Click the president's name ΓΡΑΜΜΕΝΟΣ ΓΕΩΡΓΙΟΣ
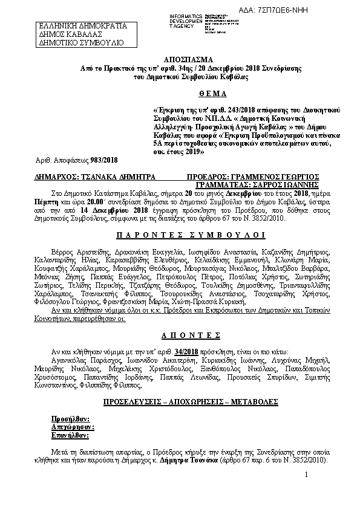pos(269,177)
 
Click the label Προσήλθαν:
pos(71,418)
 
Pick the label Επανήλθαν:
pos(71,434)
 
